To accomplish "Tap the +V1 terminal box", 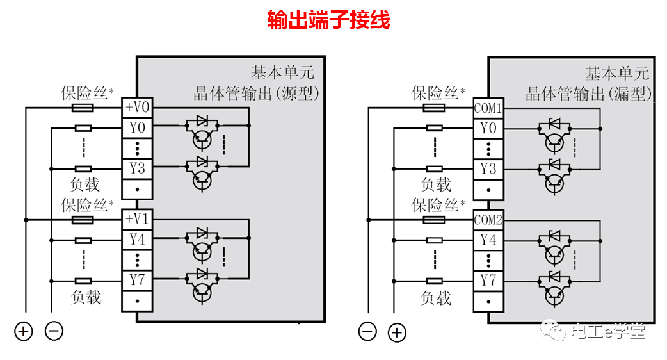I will pos(137,219).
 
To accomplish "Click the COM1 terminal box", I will pos(488,108).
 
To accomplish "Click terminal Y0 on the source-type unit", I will pos(137,128).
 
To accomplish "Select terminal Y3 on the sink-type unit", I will pos(488,168).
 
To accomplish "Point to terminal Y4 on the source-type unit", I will pos(137,240).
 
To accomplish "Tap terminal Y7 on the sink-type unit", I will pos(488,281).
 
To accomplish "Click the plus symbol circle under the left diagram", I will pos(24,331).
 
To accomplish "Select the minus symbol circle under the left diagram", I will pos(54,331).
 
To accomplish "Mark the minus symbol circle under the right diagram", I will pos(367,332).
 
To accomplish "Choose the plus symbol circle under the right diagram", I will pos(398,332).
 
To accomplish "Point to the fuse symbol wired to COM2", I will pos(434,220).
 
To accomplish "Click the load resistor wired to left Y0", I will pos(83,128).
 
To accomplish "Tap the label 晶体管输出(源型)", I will pos(256,94).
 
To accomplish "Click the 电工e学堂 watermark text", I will pos(607,331).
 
